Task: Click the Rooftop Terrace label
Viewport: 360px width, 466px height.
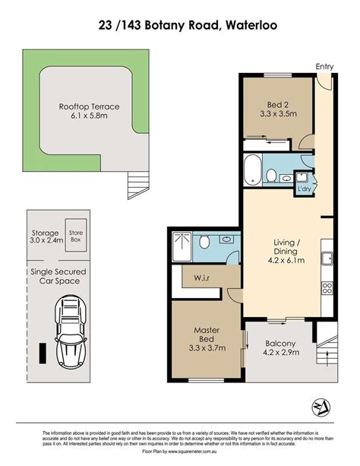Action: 89,106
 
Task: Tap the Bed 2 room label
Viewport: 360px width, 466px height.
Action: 278,105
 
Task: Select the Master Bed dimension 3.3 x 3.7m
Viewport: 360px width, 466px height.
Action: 207,347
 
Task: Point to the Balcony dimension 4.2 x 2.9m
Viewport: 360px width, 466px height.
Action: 281,353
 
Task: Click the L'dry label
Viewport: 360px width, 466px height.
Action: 304,189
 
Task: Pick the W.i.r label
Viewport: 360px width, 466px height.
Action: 202,278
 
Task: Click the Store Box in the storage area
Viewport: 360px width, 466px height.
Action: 76,236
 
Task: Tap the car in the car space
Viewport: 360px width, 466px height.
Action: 71,332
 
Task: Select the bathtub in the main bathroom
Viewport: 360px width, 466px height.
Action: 252,170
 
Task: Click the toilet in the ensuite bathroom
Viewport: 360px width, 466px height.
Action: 204,242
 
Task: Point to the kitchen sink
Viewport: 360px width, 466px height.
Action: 327,258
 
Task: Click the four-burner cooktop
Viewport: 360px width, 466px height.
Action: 327,288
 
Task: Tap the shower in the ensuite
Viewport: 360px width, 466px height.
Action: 182,246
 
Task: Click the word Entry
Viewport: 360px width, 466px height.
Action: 324,67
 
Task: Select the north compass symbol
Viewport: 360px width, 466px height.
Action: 321,407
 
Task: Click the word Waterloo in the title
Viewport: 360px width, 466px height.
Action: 251,25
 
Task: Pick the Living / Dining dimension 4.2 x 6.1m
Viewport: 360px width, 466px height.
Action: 286,260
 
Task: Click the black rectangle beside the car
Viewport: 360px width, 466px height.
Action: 43,353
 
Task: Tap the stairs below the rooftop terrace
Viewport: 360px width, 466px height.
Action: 138,185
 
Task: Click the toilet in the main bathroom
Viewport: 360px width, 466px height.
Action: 271,175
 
